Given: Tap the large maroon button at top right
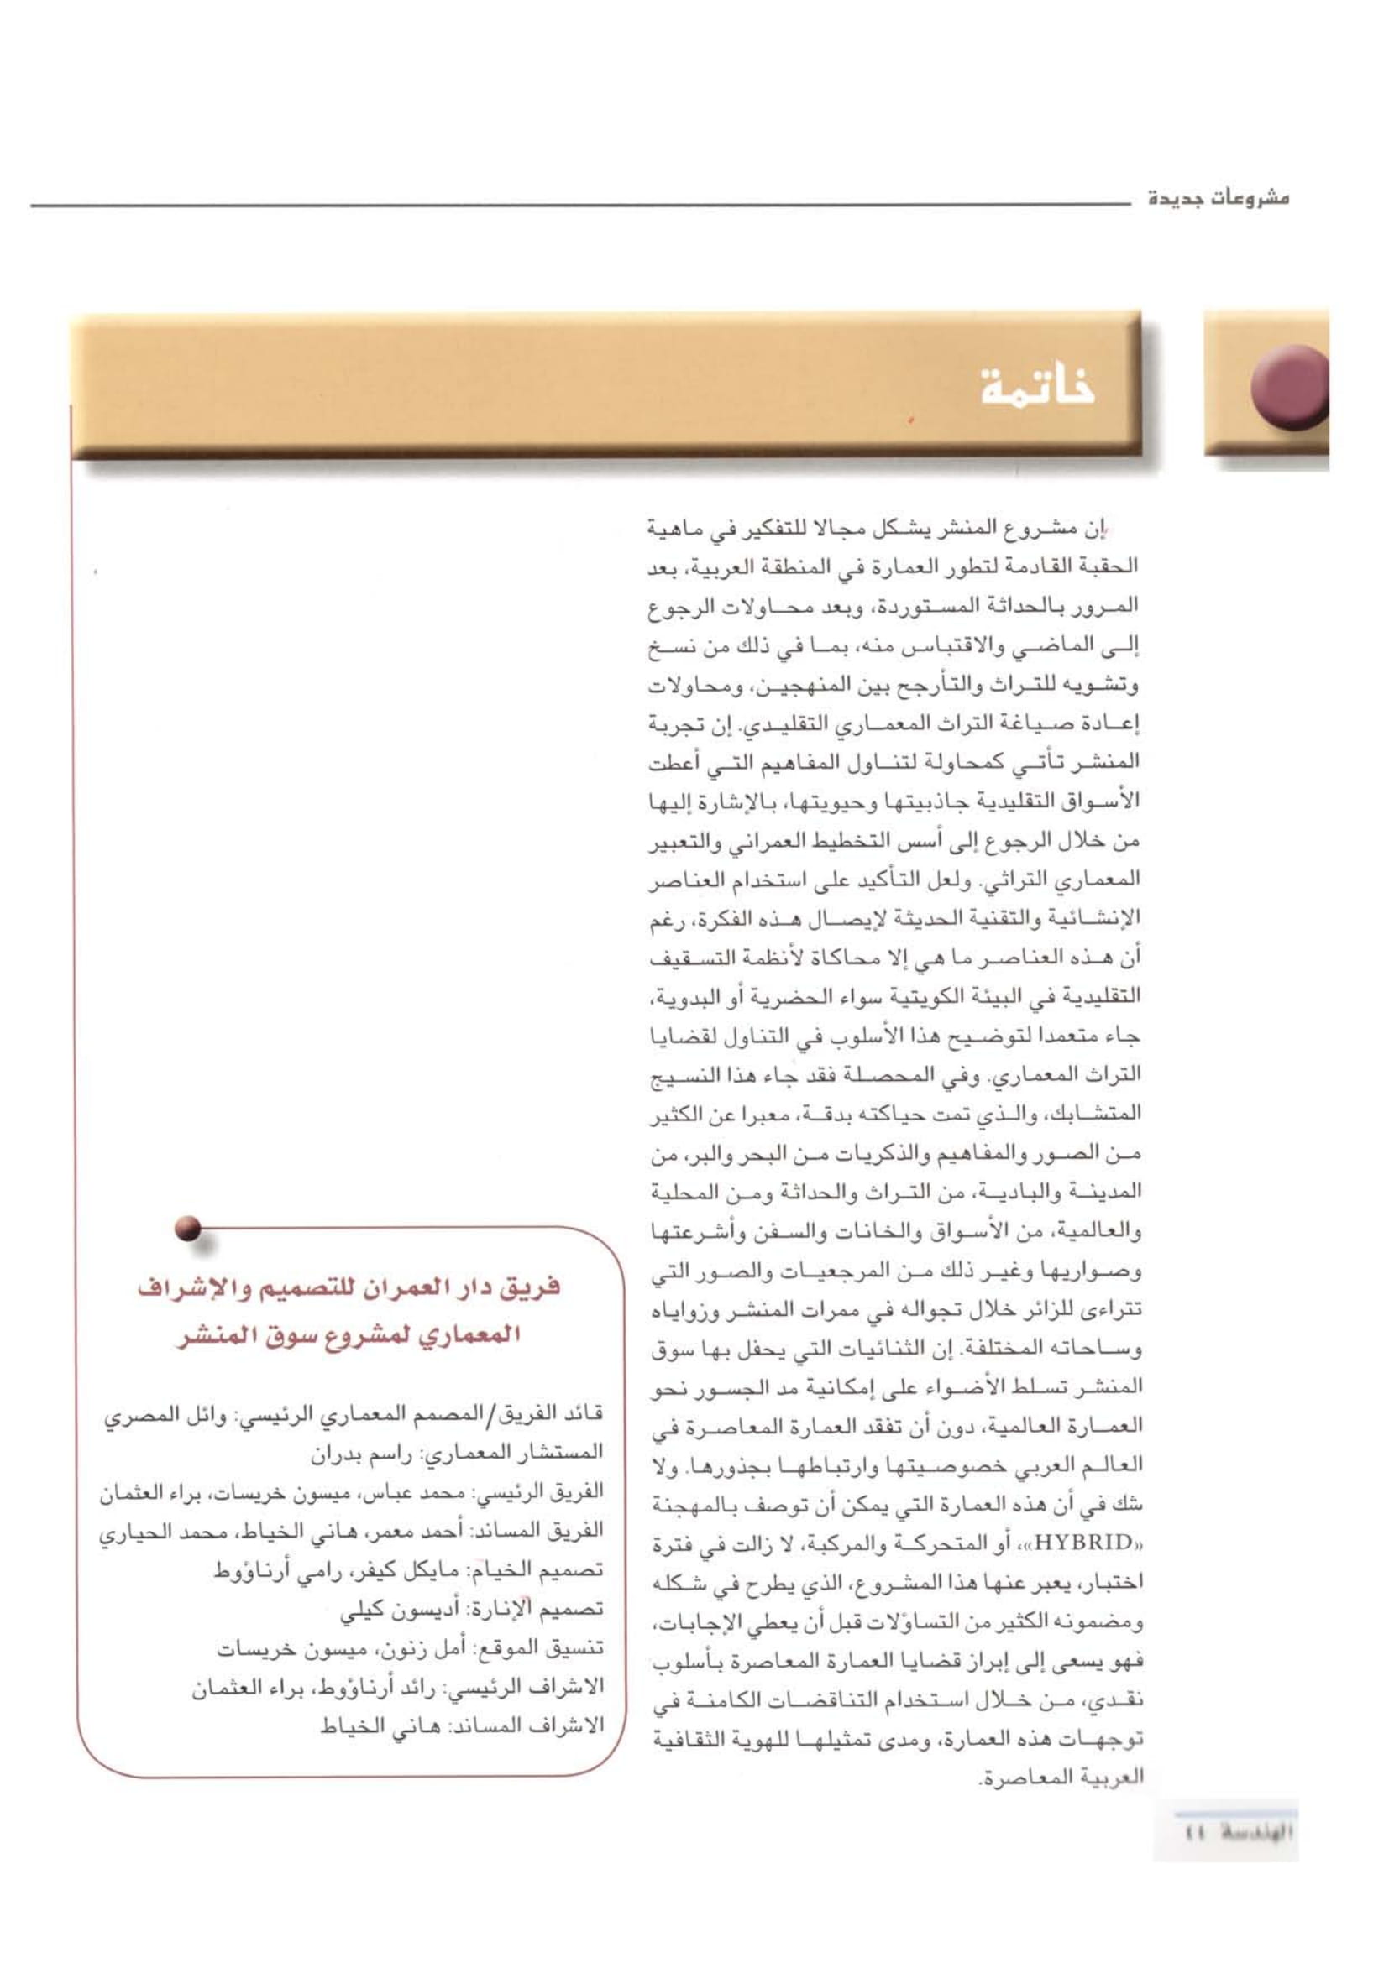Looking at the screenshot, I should pyautogui.click(x=1289, y=386).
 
